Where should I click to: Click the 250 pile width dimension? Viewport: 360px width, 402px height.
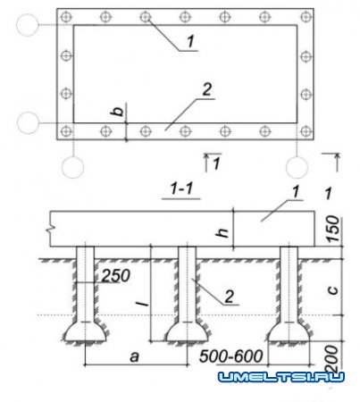(x=116, y=276)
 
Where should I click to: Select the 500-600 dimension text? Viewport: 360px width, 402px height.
(x=231, y=356)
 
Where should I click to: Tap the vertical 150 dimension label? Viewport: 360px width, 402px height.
(x=333, y=229)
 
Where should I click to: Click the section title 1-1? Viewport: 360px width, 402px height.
(x=181, y=188)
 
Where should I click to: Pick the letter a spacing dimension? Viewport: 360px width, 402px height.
(x=135, y=356)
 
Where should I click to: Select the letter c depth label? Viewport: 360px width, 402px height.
(x=333, y=290)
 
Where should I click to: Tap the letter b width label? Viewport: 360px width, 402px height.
(x=118, y=111)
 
